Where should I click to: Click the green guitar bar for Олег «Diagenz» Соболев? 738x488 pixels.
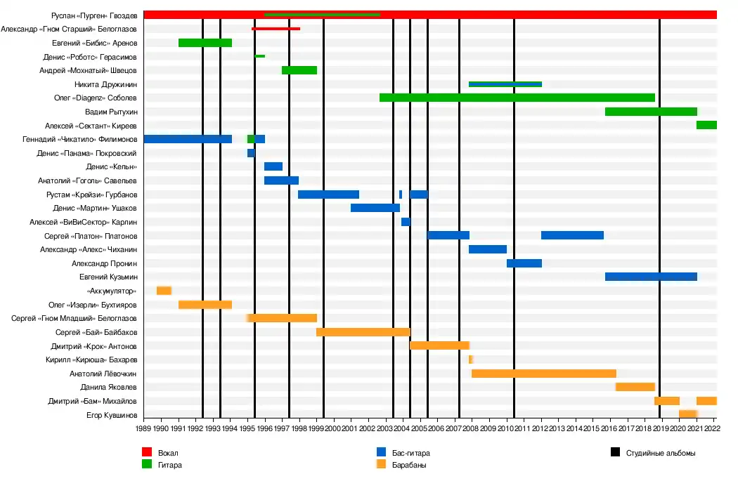point(517,98)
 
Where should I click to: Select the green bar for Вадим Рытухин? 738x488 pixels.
point(651,112)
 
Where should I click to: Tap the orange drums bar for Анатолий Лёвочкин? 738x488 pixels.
point(543,374)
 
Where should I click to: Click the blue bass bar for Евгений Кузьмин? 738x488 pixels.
point(651,277)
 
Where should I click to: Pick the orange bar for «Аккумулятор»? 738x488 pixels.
point(164,291)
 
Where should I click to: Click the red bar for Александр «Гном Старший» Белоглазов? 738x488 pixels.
point(276,29)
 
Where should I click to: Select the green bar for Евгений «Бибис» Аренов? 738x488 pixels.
point(205,43)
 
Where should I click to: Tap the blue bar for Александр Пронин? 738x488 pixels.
point(524,263)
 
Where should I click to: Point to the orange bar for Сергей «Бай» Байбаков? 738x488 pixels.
point(363,332)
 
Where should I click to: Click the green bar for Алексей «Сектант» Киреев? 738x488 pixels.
point(706,125)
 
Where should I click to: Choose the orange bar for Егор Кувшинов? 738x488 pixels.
point(687,415)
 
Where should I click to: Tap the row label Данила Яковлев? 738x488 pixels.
point(107,388)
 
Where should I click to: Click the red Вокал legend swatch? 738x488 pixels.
point(147,453)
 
